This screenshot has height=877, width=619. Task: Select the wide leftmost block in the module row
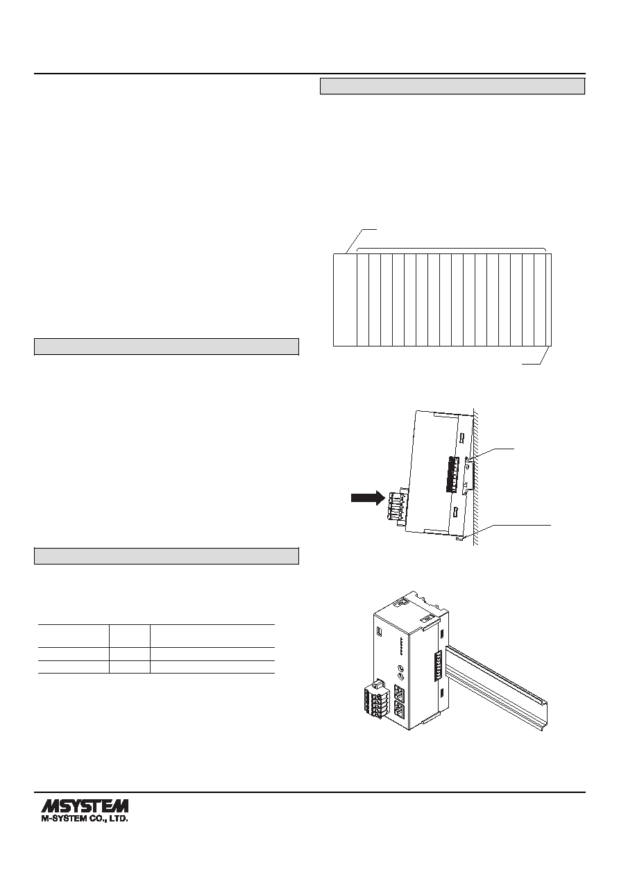tap(345, 300)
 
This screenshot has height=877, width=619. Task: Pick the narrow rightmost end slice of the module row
tap(549, 300)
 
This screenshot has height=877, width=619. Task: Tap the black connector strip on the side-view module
tap(452, 474)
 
